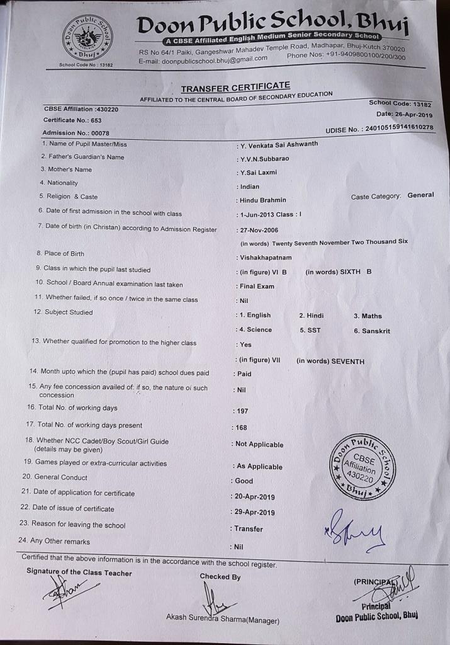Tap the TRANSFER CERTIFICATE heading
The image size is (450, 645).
pos(235,87)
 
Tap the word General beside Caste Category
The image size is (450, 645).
pos(420,195)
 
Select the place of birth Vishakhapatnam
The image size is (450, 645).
pos(266,258)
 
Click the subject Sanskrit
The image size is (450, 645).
pos(376,331)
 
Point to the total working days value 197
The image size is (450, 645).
pos(242,411)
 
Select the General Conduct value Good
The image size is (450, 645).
pos(244,481)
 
